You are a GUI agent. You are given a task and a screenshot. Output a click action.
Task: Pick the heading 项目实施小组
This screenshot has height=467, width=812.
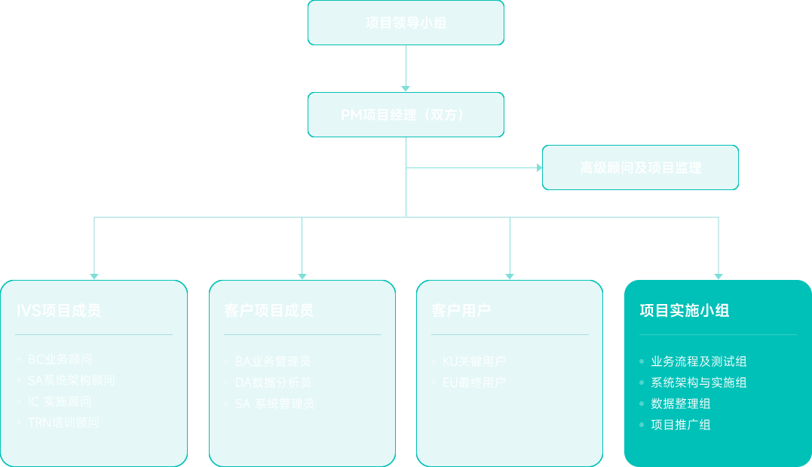[684, 310]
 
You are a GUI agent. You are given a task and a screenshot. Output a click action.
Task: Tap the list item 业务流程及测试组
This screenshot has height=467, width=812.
[698, 361]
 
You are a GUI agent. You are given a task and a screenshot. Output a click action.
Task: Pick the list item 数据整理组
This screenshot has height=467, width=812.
[680, 404]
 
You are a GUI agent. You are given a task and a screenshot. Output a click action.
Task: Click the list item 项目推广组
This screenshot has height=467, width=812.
[680, 425]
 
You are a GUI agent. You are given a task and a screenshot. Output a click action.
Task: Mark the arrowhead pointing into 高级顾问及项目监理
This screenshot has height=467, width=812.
[539, 167]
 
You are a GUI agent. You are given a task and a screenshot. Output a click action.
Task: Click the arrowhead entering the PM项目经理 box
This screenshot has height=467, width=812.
[406, 88]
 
